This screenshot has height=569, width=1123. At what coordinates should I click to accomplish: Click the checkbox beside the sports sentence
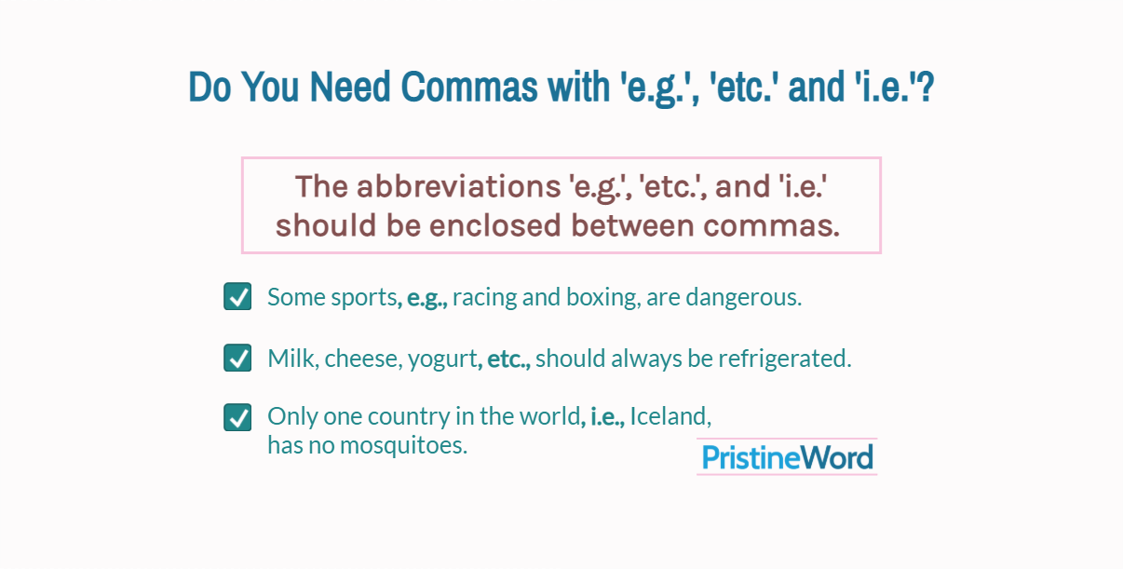237,297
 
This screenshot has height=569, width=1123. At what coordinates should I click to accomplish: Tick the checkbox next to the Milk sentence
237,358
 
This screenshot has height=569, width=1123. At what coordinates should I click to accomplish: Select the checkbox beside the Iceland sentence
237,417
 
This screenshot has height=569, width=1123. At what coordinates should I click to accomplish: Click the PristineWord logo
787,457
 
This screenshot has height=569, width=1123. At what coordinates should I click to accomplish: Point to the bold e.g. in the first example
426,298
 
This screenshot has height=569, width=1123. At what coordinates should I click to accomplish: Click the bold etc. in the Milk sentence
507,359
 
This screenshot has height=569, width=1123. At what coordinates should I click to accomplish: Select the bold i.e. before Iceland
606,416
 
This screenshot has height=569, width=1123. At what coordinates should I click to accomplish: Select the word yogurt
442,359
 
